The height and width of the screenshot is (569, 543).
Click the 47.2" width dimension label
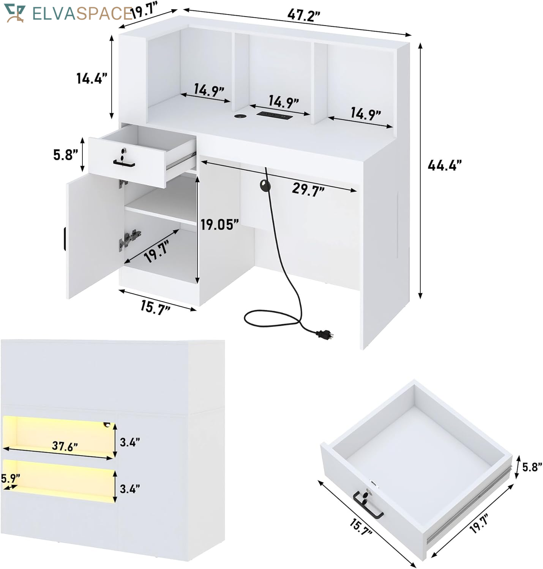pos(303,15)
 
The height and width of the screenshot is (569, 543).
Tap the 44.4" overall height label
pos(445,165)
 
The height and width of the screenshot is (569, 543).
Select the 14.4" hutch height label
pos(92,79)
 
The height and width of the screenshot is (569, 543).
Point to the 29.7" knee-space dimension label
pos(308,189)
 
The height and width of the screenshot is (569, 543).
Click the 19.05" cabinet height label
pos(219,225)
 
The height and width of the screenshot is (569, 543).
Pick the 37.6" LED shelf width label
pos(65,446)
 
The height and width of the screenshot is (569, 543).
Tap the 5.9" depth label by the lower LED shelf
pos(10,478)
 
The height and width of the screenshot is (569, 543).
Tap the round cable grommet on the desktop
pos(239,116)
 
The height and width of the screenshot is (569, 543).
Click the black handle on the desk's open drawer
pos(124,164)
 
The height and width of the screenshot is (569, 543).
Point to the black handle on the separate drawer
pos(368,506)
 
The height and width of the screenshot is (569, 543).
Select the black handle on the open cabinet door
pos(64,240)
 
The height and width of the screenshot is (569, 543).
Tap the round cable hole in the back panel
pos(265,185)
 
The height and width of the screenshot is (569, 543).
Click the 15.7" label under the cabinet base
pos(155,307)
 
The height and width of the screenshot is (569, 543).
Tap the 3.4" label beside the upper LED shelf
pos(130,442)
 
